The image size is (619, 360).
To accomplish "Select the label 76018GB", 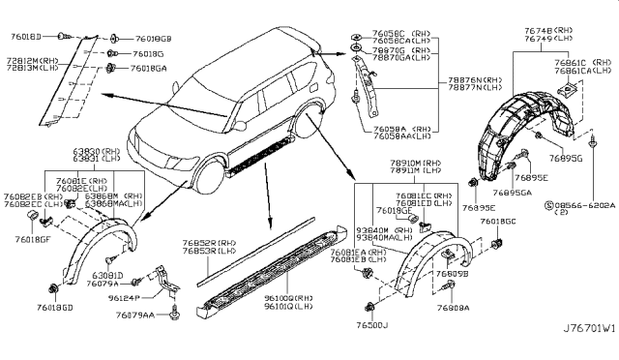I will pos(151,39).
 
